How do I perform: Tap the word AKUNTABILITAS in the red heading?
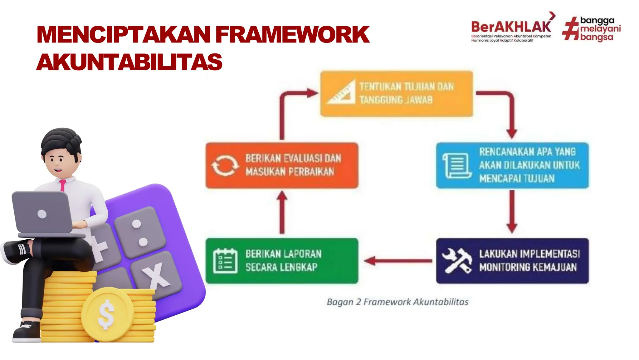[x=129, y=62]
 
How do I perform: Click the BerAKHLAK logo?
[x=511, y=27]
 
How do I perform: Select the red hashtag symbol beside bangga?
[x=570, y=29]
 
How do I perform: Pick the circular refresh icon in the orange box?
[x=225, y=165]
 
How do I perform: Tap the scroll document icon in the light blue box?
[x=457, y=165]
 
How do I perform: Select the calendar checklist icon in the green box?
[x=225, y=261]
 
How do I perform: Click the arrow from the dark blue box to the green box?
[x=398, y=261]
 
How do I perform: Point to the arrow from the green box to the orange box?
[x=282, y=212]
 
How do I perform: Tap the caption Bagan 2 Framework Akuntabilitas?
[x=398, y=302]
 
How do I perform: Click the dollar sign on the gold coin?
[x=106, y=314]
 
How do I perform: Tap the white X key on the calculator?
[x=156, y=275]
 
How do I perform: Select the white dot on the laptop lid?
[x=42, y=214]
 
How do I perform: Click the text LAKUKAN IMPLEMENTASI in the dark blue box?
[x=529, y=254]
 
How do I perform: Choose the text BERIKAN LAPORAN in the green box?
[x=283, y=254]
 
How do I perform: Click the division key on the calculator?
[x=139, y=233]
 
